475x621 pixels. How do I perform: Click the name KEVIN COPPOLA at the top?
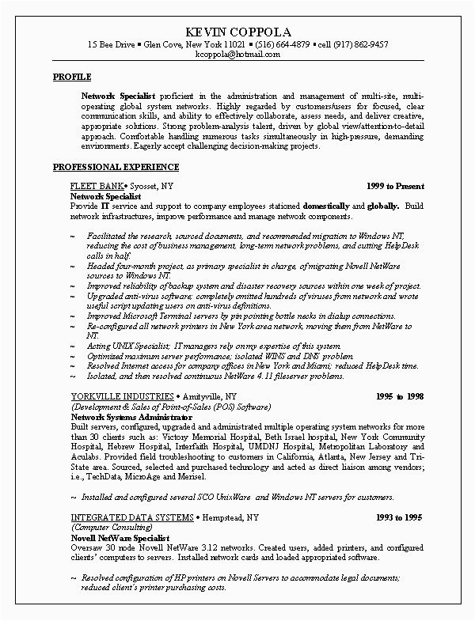point(237,31)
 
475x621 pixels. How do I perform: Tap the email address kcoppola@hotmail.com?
point(237,56)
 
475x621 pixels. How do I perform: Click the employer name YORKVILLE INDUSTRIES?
point(120,393)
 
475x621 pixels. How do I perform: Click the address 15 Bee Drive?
point(111,44)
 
